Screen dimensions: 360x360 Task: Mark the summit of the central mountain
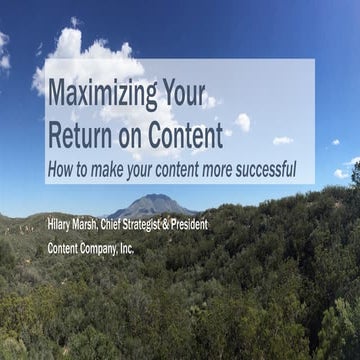click(x=150, y=196)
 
